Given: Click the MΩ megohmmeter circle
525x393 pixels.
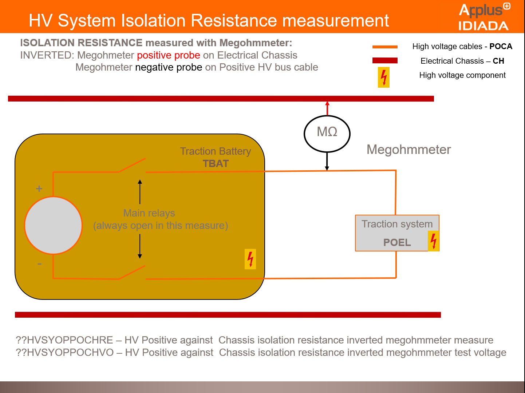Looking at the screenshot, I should [x=327, y=134].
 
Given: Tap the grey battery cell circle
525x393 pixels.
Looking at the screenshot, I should [x=54, y=225].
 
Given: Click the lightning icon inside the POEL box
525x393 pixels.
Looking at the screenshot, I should [x=433, y=241].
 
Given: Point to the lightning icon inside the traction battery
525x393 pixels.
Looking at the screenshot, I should [x=250, y=259].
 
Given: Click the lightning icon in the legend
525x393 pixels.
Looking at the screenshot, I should [x=384, y=77].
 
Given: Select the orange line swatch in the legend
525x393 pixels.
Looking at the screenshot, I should [x=385, y=47].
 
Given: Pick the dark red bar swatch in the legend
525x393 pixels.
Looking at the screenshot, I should [x=385, y=60].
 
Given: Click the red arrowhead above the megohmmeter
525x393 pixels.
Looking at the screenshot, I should [x=327, y=103].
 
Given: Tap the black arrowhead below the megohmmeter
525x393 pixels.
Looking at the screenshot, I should [x=327, y=168].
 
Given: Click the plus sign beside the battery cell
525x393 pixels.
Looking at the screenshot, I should [x=39, y=188].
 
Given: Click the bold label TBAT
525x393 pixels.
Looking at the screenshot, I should [x=216, y=164].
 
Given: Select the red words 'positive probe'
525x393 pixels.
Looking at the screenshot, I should [x=169, y=55].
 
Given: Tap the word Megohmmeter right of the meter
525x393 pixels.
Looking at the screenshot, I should [x=408, y=150].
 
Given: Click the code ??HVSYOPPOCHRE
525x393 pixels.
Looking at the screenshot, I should [x=64, y=340].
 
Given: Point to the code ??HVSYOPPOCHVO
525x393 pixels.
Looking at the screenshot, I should [x=65, y=353].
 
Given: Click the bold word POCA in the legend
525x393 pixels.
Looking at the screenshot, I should [x=501, y=47].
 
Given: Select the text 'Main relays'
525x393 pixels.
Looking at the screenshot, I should [x=149, y=213].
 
